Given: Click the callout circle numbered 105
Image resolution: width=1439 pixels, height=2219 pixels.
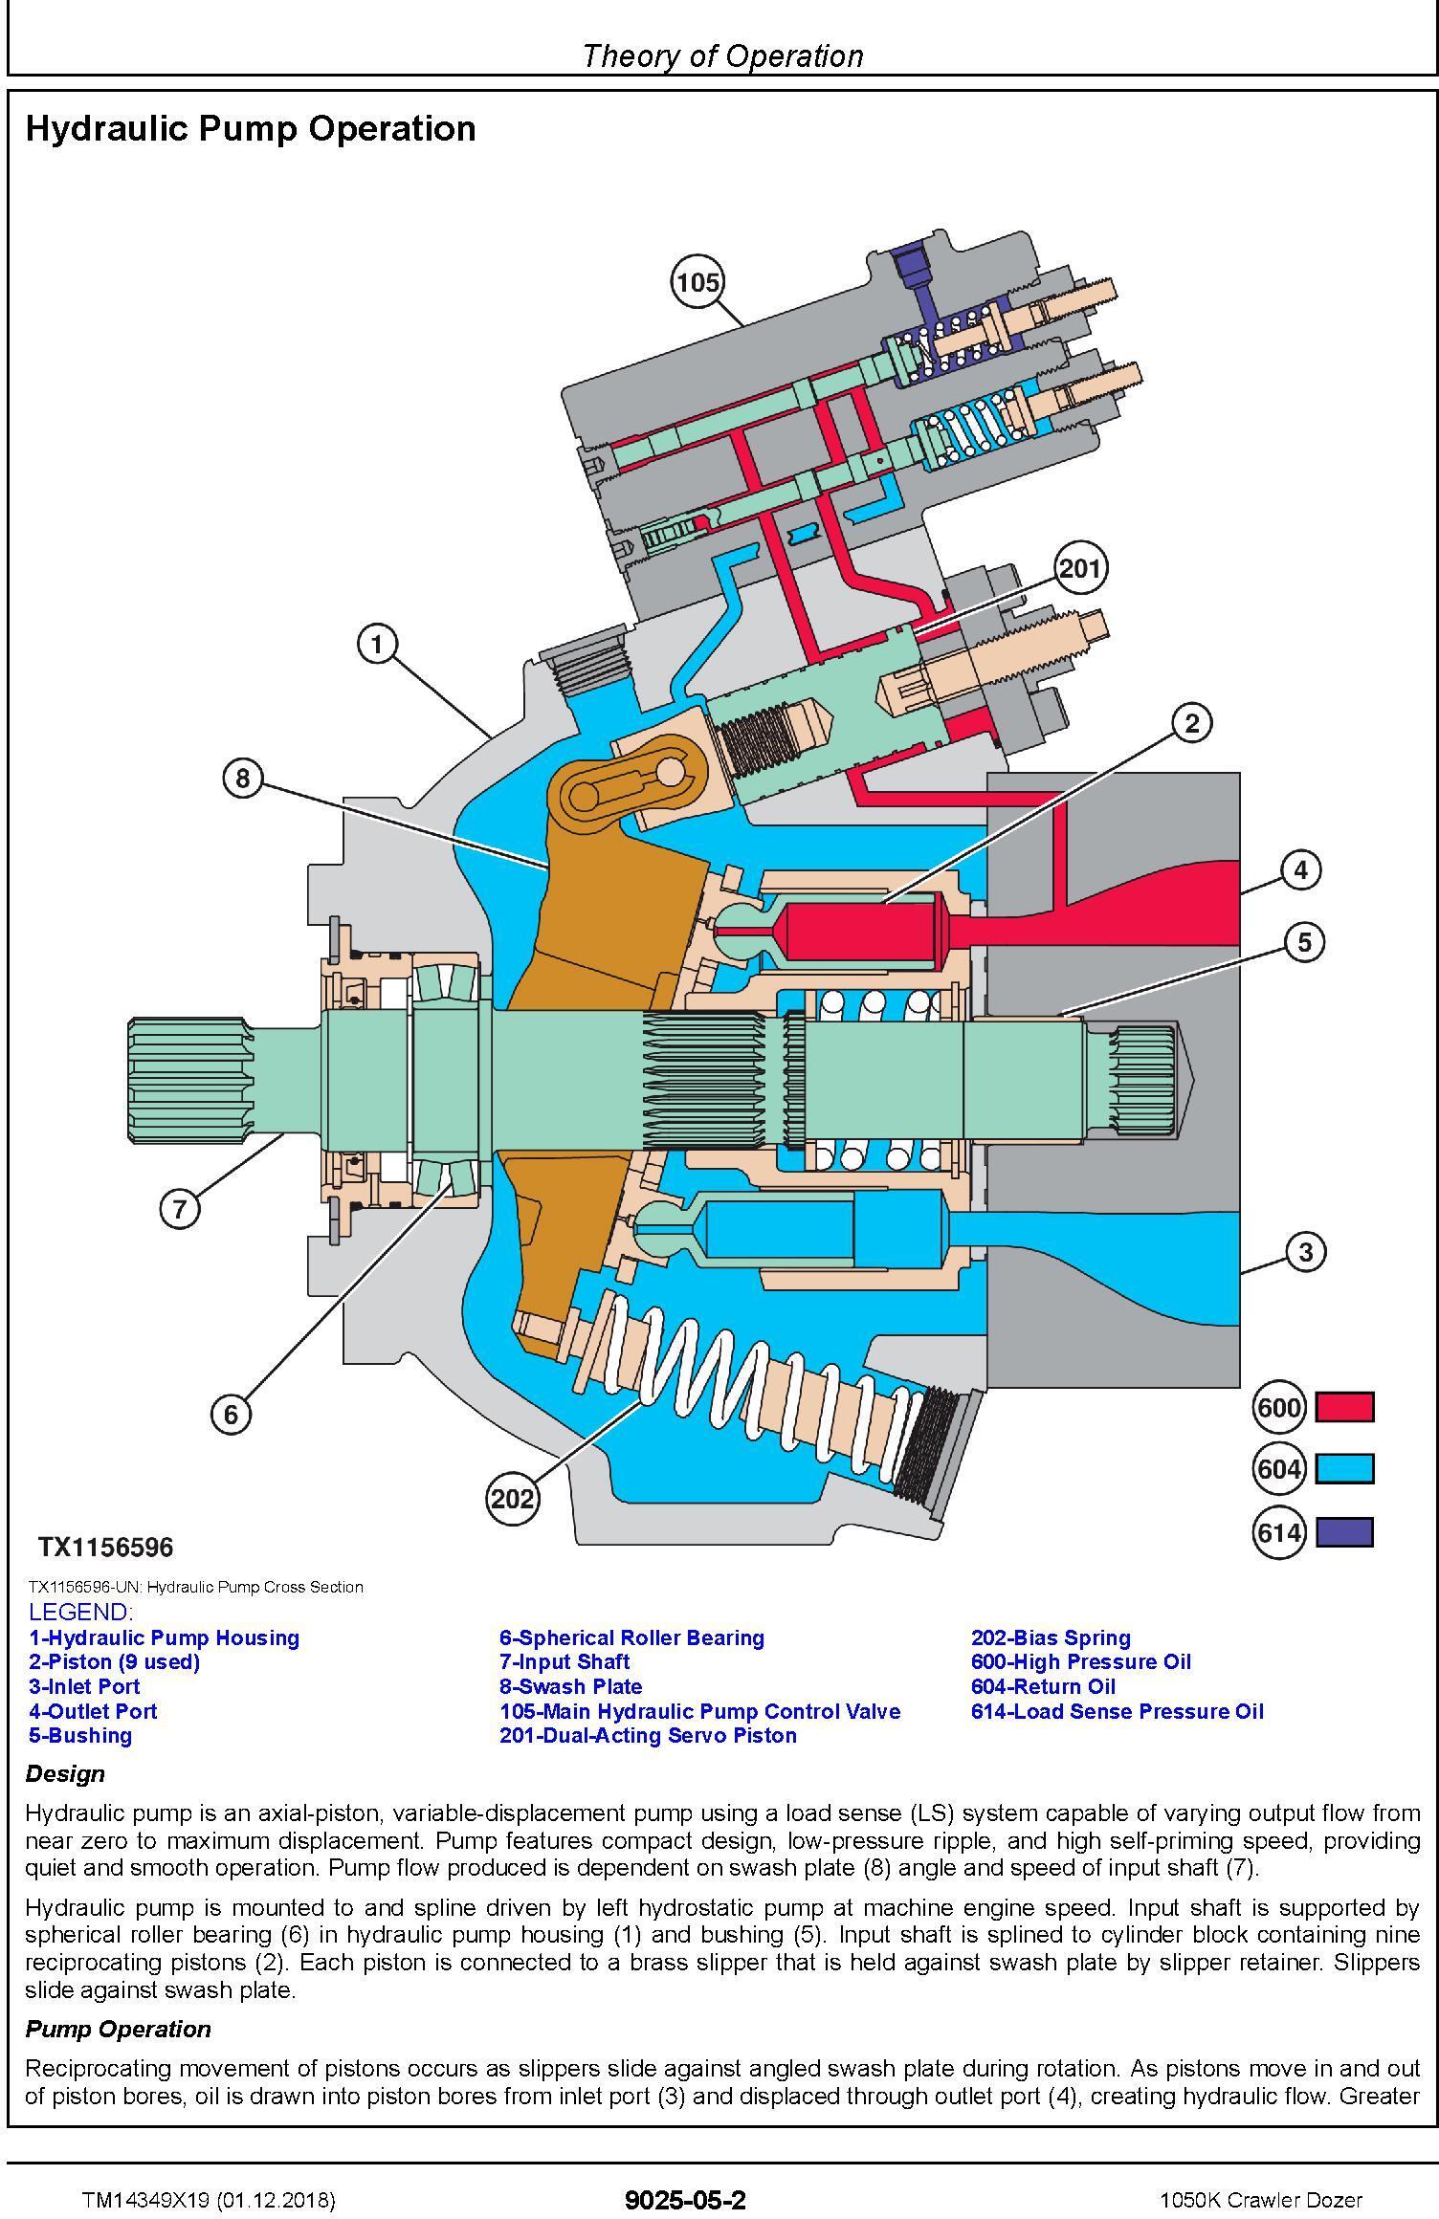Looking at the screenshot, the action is point(697,282).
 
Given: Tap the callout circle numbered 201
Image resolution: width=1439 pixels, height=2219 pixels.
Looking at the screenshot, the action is point(1080,569).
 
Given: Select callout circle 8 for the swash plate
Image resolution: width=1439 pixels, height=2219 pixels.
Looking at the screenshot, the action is point(242,780).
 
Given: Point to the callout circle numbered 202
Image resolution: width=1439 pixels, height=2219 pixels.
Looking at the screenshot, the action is point(512,1497).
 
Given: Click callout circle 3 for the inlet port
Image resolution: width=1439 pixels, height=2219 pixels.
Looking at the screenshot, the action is point(1306,1251).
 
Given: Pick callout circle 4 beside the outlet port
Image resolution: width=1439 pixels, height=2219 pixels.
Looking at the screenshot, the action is point(1300,870).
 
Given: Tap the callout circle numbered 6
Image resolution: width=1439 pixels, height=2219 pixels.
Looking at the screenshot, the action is point(231,1413).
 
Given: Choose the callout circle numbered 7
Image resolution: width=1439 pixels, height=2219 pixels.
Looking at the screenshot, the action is point(180,1209).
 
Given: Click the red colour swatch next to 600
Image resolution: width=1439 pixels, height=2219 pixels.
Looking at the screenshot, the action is point(1344,1407).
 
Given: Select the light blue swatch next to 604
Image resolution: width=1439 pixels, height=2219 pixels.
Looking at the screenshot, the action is point(1344,1468).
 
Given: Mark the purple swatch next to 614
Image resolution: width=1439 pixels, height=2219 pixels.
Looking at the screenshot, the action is point(1344,1532).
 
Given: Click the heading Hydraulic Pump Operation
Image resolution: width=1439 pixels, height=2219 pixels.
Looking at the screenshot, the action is point(251,128).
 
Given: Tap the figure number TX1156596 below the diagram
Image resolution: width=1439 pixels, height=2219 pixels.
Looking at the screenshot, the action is point(106,1547).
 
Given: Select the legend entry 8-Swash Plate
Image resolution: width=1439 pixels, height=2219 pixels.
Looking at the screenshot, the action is point(571,1686).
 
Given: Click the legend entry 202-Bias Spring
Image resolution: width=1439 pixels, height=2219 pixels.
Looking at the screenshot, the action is point(1051,1637).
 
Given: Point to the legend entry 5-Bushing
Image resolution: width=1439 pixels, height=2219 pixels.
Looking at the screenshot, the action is point(80,1735).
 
